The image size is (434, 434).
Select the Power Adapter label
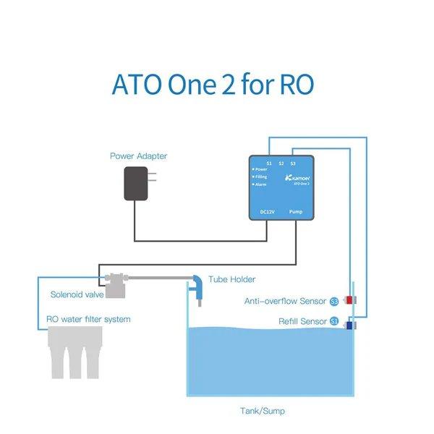(x=138, y=156)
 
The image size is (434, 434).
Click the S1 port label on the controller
(x=269, y=163)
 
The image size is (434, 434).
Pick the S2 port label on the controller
(x=281, y=163)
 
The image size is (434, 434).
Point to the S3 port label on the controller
(x=292, y=163)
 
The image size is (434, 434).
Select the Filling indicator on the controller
(x=260, y=176)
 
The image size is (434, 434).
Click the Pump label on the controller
(x=296, y=211)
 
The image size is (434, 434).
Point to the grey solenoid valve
(x=116, y=283)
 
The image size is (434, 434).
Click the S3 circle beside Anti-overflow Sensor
(x=333, y=300)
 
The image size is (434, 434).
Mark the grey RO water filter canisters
(x=77, y=352)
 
